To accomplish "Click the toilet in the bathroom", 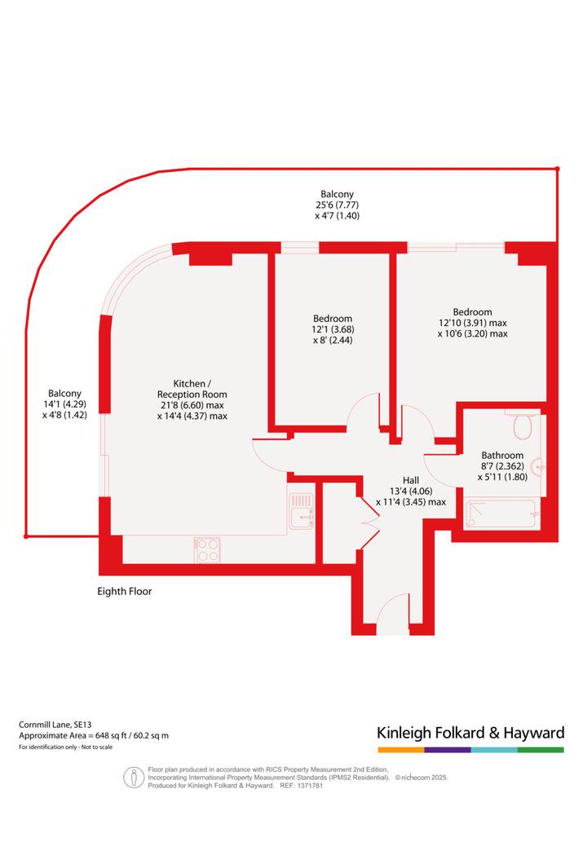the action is point(523,426).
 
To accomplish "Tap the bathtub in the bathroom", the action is point(501,514).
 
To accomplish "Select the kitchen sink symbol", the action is point(302,511).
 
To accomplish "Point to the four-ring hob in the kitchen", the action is point(207,550).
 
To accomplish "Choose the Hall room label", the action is point(411,480).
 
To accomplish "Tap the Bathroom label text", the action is point(502,456).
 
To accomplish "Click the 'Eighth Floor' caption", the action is point(124,591).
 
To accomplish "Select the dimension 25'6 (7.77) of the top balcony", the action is point(337,205).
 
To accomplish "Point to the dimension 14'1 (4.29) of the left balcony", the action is point(64,403).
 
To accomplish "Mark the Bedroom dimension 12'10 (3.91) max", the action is point(473,323).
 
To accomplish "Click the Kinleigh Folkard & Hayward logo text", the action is point(470,733).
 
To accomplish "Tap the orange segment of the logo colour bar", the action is point(401,750).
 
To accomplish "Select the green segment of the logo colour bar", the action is point(541,750).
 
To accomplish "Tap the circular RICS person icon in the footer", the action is point(134,777).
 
